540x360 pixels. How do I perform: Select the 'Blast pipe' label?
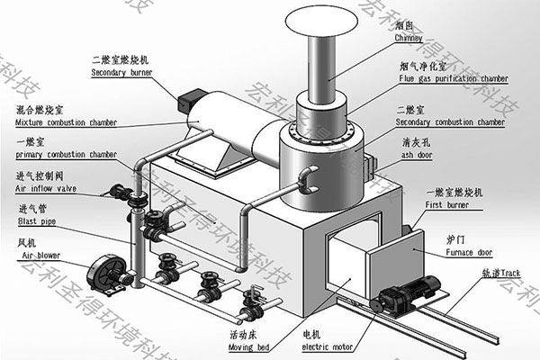pyautogui.click(x=34, y=221)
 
